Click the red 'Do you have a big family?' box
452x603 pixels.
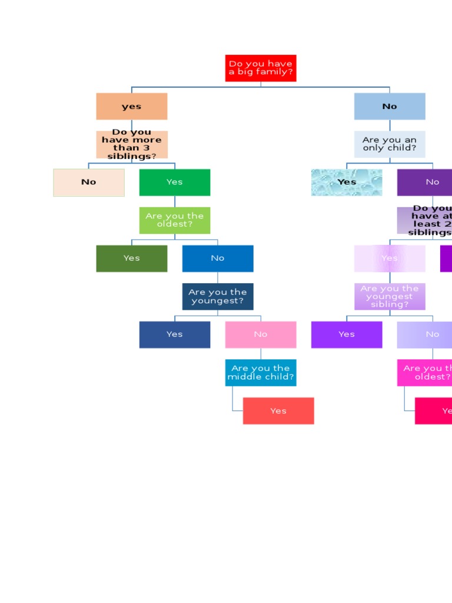[x=261, y=68]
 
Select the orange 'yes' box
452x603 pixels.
[x=132, y=107]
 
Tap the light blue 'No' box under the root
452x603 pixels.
[x=390, y=107]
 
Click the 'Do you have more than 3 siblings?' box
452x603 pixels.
[x=132, y=144]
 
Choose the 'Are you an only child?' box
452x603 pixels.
[x=390, y=144]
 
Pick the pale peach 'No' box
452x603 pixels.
[x=89, y=183]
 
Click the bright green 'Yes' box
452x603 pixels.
[x=175, y=183]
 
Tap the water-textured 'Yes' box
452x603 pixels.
[x=347, y=183]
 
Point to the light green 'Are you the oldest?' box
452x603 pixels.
[x=175, y=220]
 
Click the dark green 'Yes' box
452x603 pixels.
[x=132, y=259]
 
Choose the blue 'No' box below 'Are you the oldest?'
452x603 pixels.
[x=218, y=259]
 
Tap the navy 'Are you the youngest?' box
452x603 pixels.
[x=218, y=296]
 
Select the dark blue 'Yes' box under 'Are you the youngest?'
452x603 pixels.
[x=175, y=334]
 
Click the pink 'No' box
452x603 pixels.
[x=261, y=334]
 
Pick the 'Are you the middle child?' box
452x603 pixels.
[x=261, y=373]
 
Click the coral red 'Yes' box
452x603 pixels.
[x=278, y=411]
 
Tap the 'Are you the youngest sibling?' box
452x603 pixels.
[x=390, y=296]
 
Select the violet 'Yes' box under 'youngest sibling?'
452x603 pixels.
[x=347, y=334]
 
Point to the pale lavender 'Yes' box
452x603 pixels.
[x=390, y=259]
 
